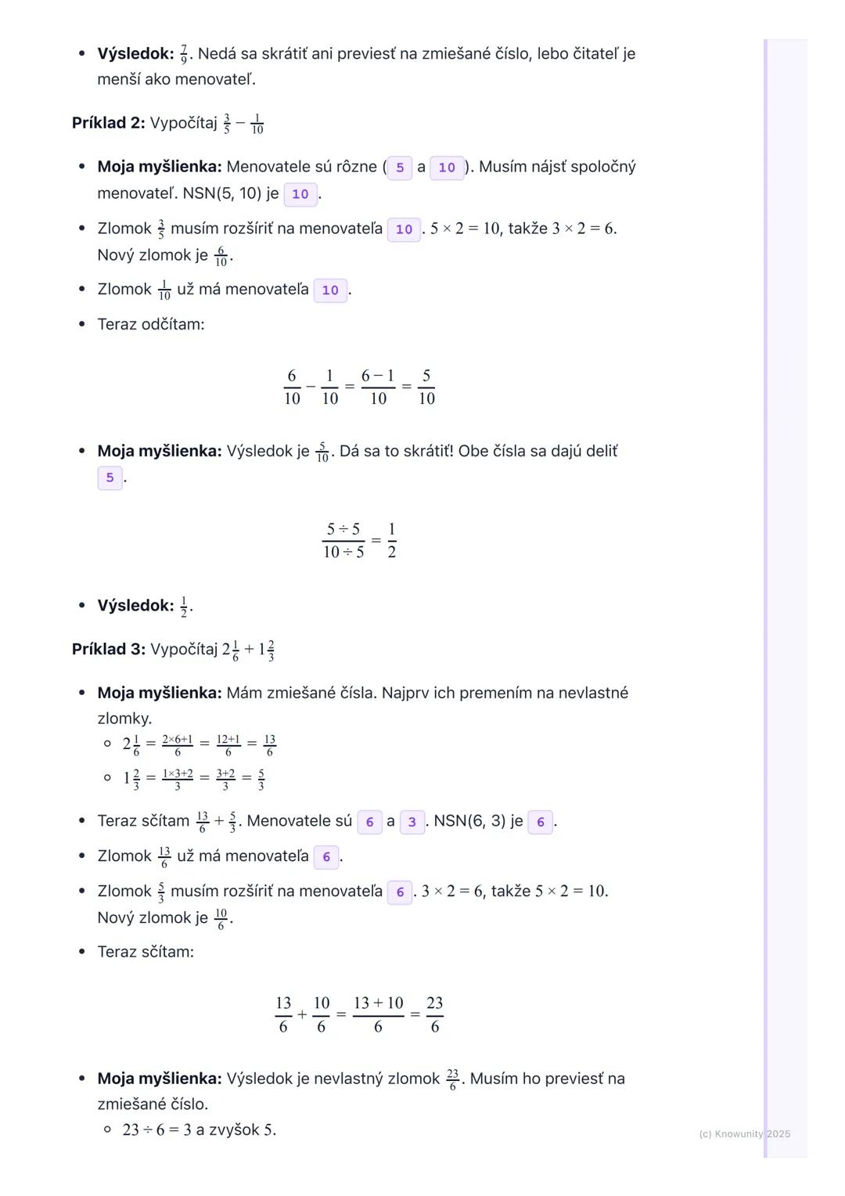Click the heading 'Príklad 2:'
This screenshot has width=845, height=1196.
point(108,123)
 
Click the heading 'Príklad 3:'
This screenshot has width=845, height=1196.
point(108,649)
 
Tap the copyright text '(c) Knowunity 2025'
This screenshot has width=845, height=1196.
point(744,1134)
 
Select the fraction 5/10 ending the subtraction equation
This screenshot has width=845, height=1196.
point(426,387)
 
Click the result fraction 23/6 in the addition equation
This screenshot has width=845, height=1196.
point(435,1014)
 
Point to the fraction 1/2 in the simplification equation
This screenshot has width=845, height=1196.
point(391,540)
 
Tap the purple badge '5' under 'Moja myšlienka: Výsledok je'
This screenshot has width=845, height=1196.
point(110,477)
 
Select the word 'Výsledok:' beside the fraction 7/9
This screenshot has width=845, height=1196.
point(135,54)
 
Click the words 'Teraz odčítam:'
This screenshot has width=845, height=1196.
point(151,324)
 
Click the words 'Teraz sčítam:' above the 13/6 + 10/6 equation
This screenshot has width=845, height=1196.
point(146,952)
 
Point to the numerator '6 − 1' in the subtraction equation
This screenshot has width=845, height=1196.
point(378,376)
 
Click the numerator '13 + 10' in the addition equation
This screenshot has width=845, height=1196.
point(378,1003)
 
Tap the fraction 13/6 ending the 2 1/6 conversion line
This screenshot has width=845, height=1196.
point(270,745)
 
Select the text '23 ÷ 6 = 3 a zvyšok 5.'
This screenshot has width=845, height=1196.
point(199,1129)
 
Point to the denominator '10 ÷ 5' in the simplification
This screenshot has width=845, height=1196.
point(343,552)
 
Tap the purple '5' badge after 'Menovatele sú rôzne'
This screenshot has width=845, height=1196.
point(400,168)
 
